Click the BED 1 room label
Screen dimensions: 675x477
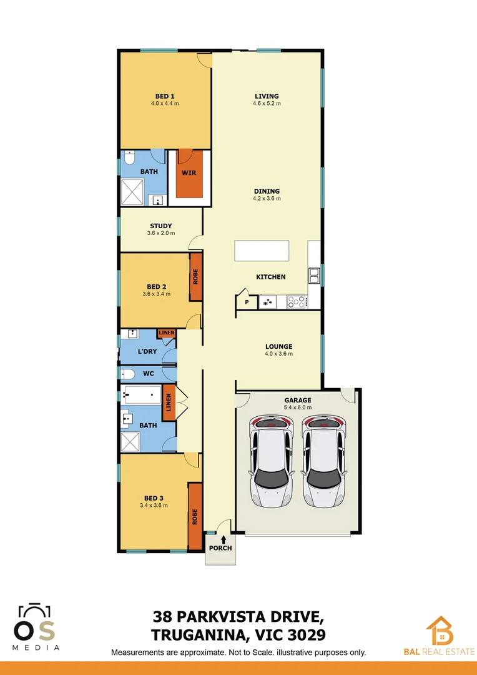click(165, 96)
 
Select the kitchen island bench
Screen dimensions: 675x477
click(262, 251)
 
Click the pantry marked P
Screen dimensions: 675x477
click(247, 302)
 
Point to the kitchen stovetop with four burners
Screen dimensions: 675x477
click(297, 302)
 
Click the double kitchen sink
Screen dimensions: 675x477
click(314, 276)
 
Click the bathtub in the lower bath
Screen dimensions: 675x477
click(142, 395)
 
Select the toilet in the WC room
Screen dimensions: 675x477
click(127, 374)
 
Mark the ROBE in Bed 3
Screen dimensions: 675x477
click(195, 516)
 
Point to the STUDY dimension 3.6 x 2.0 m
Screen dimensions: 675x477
click(161, 233)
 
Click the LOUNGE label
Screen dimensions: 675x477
click(278, 346)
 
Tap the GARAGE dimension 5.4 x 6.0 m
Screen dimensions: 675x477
click(297, 407)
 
